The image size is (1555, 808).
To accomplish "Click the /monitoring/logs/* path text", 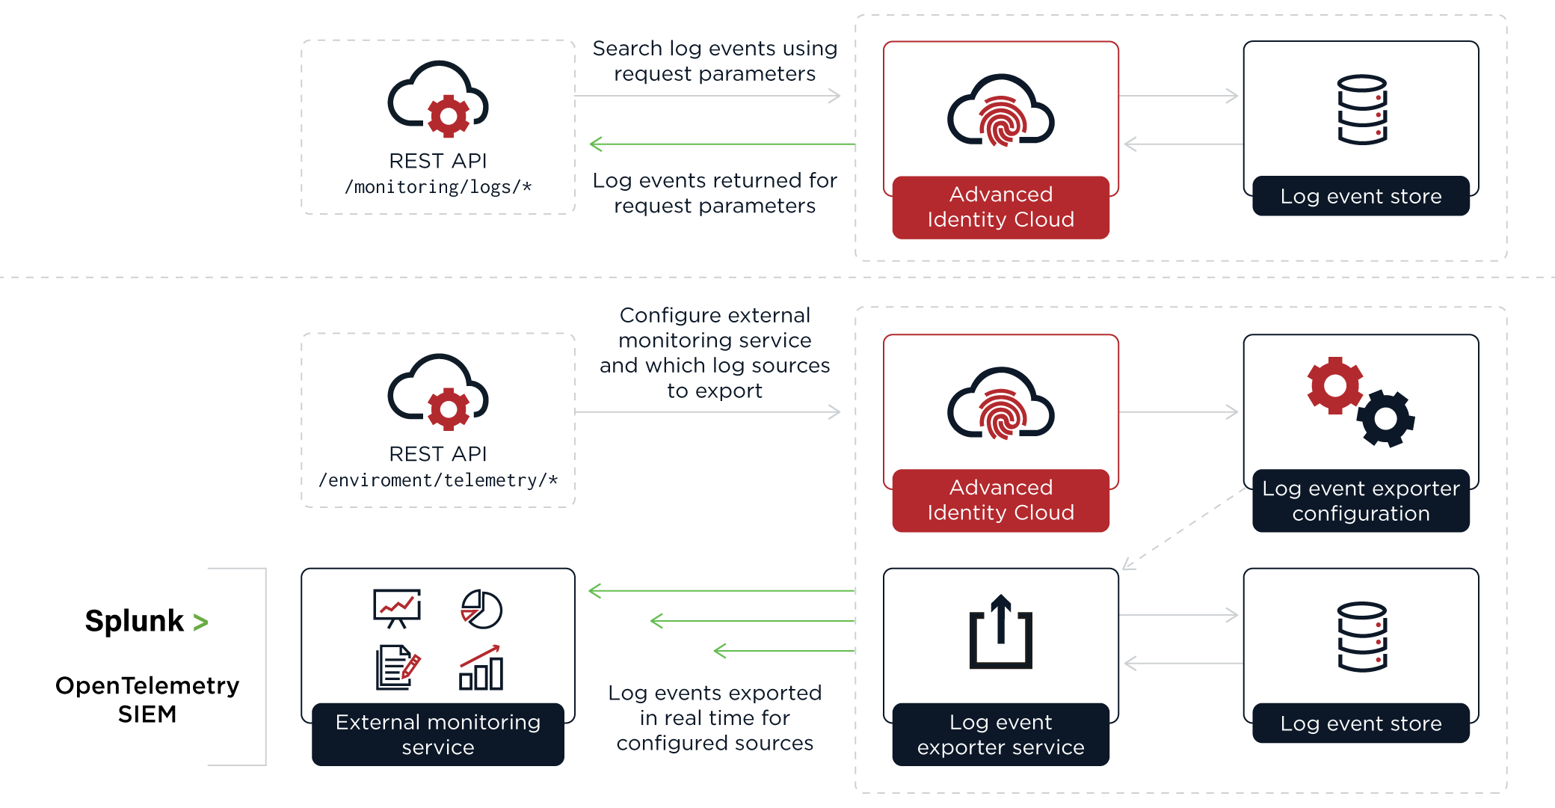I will click(438, 187).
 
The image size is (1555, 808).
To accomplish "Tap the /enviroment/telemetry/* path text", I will click(438, 480).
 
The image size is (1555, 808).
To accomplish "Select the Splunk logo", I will click(147, 621).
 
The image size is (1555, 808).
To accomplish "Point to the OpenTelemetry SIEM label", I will click(147, 700).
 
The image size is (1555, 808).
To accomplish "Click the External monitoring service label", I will click(438, 734).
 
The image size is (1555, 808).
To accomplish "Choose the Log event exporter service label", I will click(1000, 734).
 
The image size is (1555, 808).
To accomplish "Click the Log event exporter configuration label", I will click(1361, 501).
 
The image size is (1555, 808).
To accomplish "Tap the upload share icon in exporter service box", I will click(1000, 632).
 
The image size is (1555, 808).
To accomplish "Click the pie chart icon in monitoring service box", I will click(481, 609).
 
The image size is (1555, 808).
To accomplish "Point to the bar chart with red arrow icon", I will click(481, 667).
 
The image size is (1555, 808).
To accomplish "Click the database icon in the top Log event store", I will click(1362, 109).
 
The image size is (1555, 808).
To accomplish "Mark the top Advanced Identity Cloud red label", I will click(1000, 207).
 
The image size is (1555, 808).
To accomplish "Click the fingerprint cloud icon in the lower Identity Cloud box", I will click(1000, 404).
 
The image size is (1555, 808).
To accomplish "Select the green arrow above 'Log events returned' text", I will click(721, 144).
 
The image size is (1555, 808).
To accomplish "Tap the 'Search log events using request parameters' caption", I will click(715, 61).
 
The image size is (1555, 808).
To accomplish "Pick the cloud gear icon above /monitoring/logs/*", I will click(438, 100).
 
